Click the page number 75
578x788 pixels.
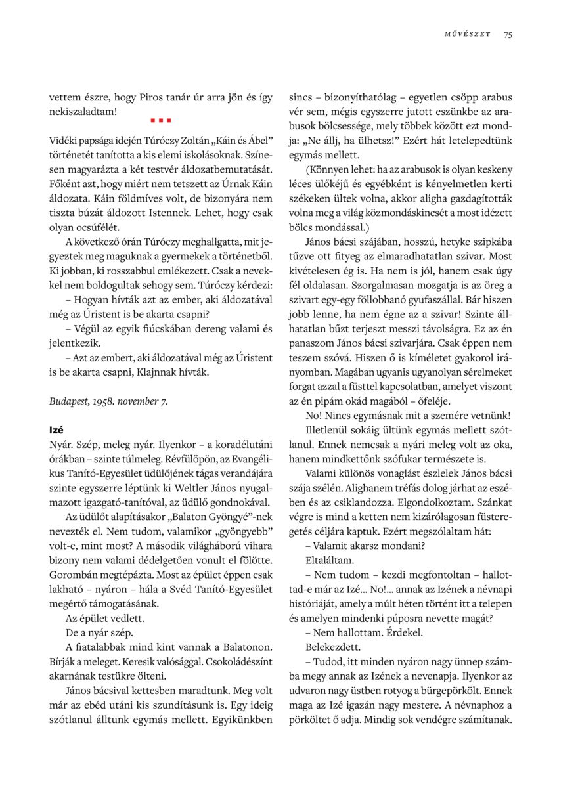508,35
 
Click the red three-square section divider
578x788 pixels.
161,120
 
